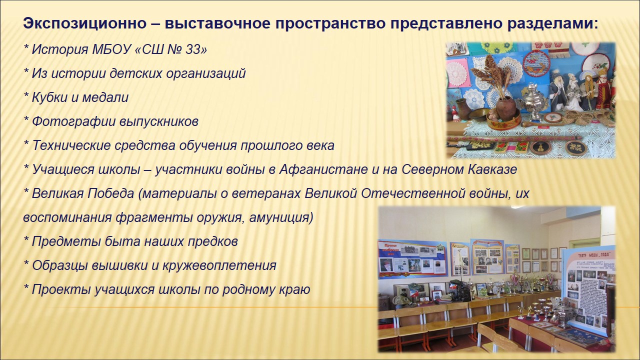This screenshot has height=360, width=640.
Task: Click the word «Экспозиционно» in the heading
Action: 85,23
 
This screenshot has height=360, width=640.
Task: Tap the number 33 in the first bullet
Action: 193,49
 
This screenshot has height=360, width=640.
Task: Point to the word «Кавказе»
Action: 492,169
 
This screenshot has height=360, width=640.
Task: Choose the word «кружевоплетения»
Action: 219,266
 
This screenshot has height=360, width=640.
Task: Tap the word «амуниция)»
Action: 281,217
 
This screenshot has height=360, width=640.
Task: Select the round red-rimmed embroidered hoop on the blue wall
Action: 536,63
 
